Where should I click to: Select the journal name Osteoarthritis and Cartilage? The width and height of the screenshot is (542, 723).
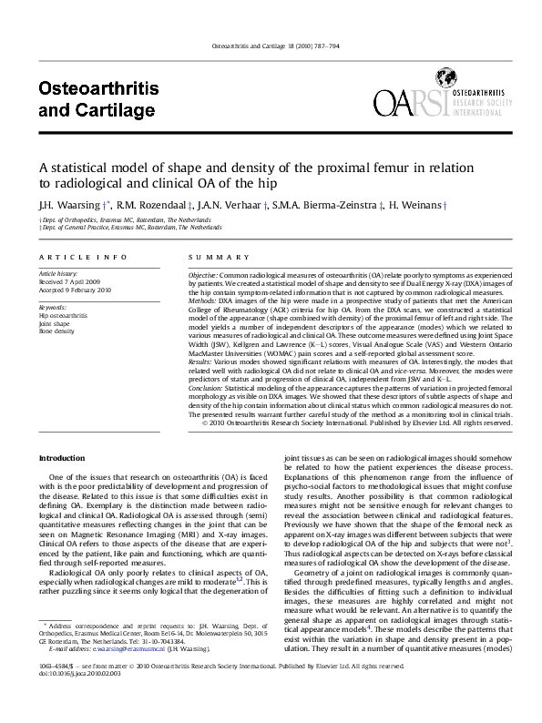[98, 98]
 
